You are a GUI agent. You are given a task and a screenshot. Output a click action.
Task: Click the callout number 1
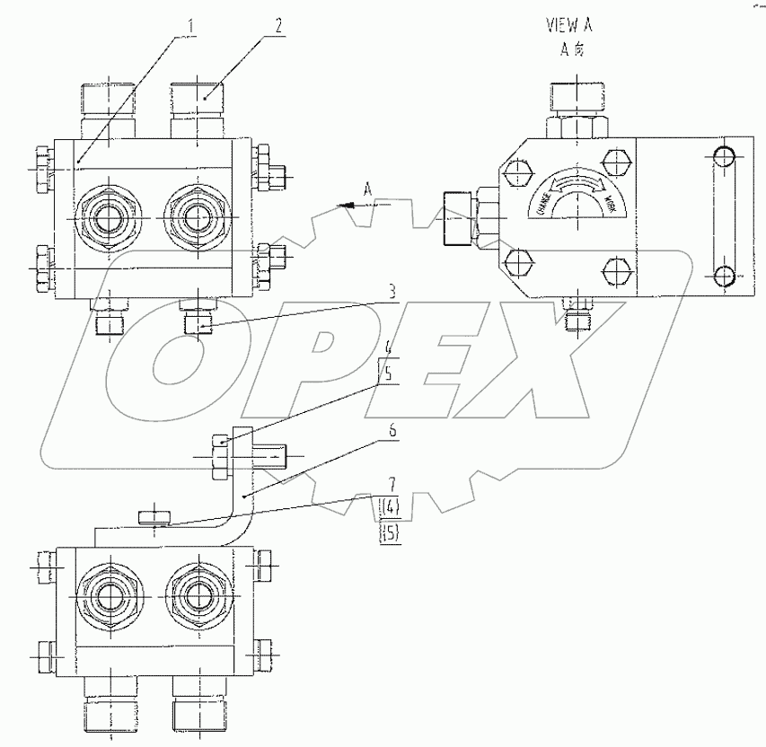[189, 26]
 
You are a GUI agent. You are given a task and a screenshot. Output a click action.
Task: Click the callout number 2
[279, 26]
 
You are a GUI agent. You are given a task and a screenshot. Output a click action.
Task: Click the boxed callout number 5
[389, 378]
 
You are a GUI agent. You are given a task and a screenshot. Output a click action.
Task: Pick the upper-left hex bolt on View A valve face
[517, 169]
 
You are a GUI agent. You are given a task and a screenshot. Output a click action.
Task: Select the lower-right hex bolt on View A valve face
[616, 269]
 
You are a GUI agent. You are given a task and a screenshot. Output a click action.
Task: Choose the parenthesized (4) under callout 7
[390, 508]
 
